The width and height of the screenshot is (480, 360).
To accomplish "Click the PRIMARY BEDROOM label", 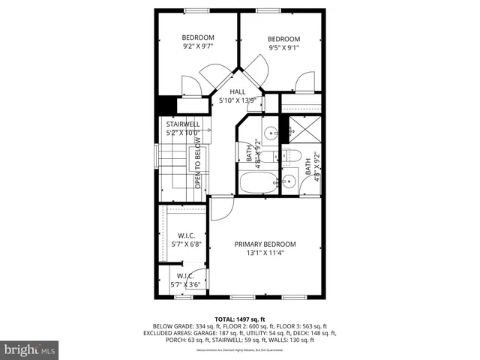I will click(265, 244).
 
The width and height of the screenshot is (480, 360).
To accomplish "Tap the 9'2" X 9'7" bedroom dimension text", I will click(198, 46).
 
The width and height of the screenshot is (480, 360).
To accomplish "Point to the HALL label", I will click(237, 92).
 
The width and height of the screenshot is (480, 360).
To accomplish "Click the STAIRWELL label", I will click(183, 124).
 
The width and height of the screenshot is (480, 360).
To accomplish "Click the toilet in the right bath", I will click(292, 156).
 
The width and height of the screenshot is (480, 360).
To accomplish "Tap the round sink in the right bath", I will click(289, 181).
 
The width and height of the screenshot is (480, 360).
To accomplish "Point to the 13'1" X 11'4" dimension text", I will click(265, 253).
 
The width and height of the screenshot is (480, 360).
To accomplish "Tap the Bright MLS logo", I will click(30, 349).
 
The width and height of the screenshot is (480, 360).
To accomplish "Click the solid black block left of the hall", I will click(166, 106).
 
